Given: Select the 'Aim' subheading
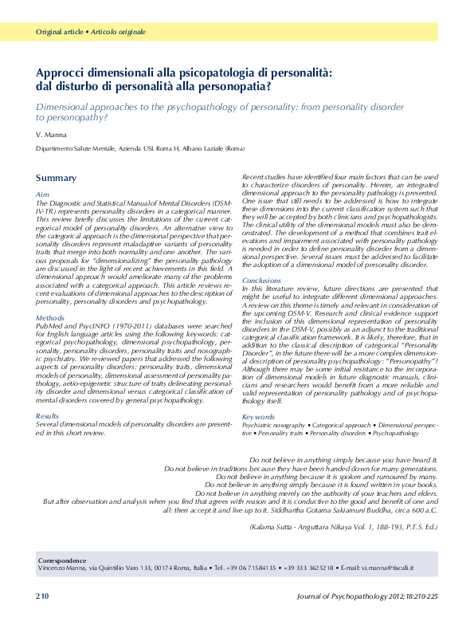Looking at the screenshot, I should click(x=43, y=195).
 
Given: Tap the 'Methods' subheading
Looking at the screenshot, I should click(x=49, y=317).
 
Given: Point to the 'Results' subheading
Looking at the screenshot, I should click(x=48, y=416).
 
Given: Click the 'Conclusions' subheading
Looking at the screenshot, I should click(x=261, y=281).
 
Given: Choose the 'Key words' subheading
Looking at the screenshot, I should click(x=259, y=417).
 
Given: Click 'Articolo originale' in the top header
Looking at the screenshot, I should click(x=118, y=32).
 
